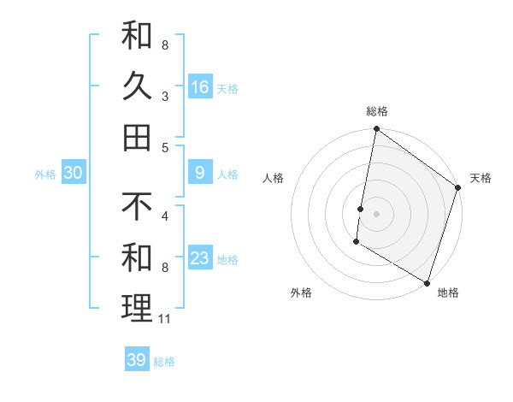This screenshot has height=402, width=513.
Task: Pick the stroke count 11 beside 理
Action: tap(165, 319)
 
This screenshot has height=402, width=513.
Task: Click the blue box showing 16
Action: tap(200, 86)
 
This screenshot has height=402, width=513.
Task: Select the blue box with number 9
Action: tap(200, 173)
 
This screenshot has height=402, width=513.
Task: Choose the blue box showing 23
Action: tap(200, 258)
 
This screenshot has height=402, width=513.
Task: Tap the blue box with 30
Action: tap(74, 173)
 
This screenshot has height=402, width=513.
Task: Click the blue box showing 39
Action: tap(137, 360)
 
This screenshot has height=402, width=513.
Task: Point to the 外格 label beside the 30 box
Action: tap(45, 174)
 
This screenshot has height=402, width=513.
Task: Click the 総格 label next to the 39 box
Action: tap(164, 361)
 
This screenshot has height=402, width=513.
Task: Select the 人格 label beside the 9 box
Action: tap(227, 174)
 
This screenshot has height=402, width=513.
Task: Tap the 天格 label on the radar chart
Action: tap(481, 178)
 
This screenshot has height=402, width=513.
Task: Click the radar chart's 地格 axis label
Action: tap(448, 293)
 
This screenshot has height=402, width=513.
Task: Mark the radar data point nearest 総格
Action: tap(377, 130)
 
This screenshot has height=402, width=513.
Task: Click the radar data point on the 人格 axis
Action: tap(361, 209)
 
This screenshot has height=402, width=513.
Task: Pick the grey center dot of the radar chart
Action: tap(377, 214)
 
